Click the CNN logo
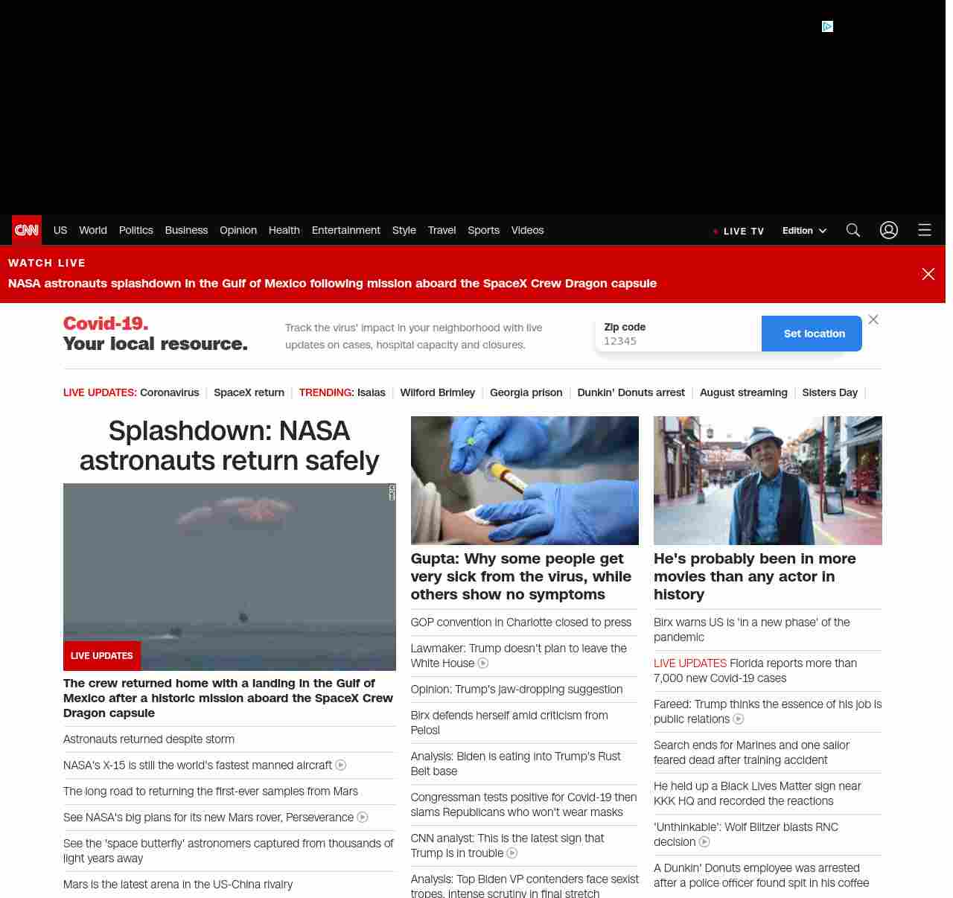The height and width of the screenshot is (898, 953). [27, 230]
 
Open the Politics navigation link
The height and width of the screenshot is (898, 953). [136, 230]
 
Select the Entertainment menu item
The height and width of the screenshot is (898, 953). [345, 230]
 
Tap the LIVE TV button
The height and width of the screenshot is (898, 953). [739, 231]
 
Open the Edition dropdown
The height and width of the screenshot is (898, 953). [804, 231]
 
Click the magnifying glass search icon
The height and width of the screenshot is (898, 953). [853, 230]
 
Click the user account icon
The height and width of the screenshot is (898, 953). [889, 230]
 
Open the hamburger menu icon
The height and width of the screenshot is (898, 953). [925, 230]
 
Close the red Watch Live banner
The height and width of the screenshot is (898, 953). [928, 274]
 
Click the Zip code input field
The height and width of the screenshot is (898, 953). [678, 341]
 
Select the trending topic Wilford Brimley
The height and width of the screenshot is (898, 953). [437, 392]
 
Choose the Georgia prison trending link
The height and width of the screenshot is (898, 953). [526, 392]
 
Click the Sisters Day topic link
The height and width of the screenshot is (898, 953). [829, 392]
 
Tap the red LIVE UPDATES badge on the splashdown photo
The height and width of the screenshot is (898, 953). [102, 656]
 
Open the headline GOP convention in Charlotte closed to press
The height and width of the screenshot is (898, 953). [520, 622]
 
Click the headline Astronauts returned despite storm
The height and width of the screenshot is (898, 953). [149, 739]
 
